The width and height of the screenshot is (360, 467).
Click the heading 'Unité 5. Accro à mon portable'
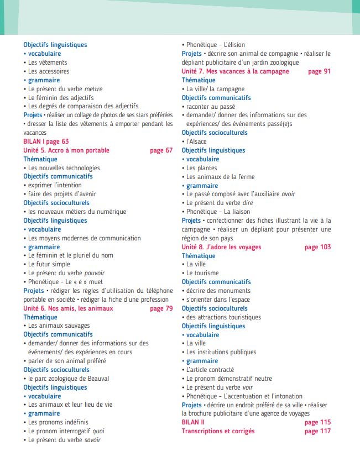(x=66, y=150)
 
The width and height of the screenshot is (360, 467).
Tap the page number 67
(x=161, y=150)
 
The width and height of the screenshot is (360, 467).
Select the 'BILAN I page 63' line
(x=46, y=141)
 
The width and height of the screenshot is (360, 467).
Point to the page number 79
(x=161, y=308)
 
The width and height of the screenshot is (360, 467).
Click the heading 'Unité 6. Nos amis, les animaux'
(x=68, y=308)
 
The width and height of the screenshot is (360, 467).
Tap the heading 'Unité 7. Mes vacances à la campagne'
(x=236, y=71)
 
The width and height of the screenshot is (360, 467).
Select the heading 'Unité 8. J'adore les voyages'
(x=222, y=247)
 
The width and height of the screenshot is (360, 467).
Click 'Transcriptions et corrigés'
(x=218, y=431)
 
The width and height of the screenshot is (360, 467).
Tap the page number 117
(x=317, y=431)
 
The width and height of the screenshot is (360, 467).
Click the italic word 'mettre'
(x=93, y=89)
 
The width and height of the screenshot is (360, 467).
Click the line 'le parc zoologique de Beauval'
(x=69, y=379)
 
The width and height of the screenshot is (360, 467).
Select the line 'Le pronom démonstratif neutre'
(x=229, y=379)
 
